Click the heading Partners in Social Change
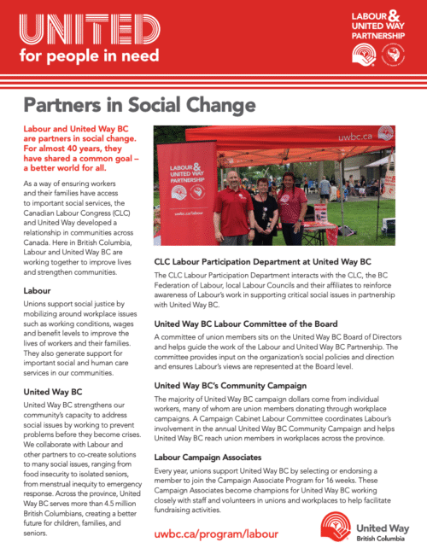(x=138, y=105)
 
